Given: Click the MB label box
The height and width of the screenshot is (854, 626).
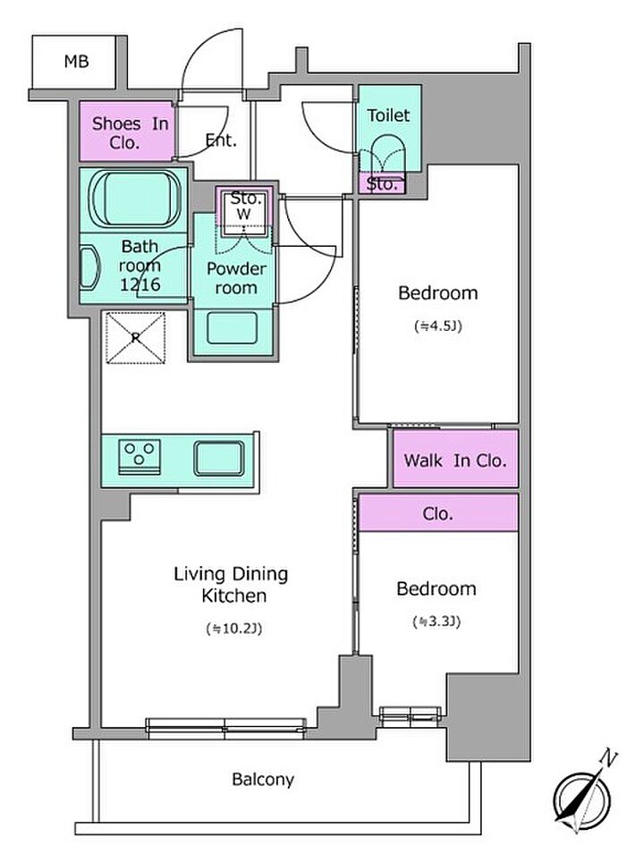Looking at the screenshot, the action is [x=73, y=62].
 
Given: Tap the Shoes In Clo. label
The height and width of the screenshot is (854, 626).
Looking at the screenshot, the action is [x=130, y=133].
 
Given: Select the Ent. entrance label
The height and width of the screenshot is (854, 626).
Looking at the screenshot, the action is [x=221, y=140].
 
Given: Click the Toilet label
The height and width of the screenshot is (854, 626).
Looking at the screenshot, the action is [x=388, y=115].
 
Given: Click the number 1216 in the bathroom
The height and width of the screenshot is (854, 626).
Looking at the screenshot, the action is [x=140, y=283].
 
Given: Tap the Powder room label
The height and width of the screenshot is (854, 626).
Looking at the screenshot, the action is [x=236, y=278].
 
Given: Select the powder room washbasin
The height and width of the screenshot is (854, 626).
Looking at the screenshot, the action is [x=233, y=328].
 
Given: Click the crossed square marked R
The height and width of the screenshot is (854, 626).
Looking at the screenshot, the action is [x=134, y=338].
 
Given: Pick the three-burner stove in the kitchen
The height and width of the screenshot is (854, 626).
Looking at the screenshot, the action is [x=140, y=456].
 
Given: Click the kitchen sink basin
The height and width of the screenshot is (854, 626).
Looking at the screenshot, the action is [x=218, y=459].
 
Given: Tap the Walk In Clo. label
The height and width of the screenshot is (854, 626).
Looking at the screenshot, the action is [x=455, y=461].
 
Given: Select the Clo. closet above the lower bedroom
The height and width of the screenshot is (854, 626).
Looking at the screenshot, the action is [x=438, y=513].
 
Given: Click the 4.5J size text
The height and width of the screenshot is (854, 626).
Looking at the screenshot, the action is [x=438, y=326].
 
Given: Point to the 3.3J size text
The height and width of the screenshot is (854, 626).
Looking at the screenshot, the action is [x=436, y=621].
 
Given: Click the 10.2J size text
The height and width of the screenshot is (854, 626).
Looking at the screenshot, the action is [x=234, y=629].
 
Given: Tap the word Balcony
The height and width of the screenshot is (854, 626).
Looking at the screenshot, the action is [x=263, y=780].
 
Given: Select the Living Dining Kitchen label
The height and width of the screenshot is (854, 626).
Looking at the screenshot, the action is [x=231, y=585].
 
